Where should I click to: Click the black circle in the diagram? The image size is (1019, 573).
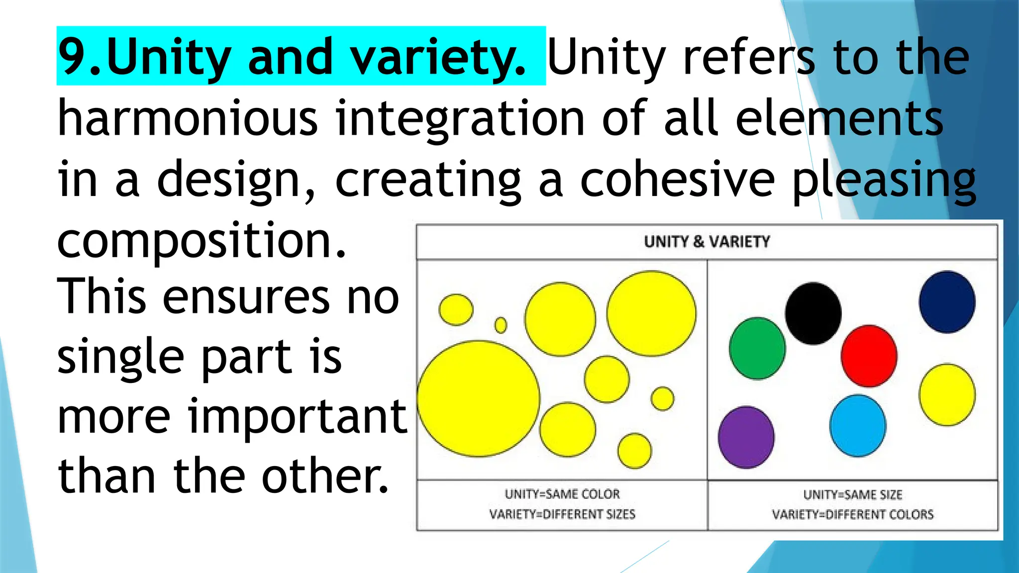pos(813,313)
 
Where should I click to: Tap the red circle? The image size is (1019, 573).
pos(869,356)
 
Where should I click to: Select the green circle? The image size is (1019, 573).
pos(757,348)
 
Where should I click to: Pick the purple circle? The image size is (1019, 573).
pos(746,437)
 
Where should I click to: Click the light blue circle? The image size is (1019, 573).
pos(857,426)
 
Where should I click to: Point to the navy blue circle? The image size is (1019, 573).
pos(947,302)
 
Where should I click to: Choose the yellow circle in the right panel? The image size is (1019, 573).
pos(947,395)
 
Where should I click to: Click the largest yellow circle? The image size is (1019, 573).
pos(478,398)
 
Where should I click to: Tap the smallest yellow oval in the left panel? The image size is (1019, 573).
pos(501,325)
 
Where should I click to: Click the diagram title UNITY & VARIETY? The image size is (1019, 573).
pos(707,242)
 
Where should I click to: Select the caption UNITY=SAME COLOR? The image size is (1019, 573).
pos(562,494)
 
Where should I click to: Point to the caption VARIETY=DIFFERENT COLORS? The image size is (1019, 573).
pos(852,514)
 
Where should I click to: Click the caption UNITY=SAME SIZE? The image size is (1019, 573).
pos(852,495)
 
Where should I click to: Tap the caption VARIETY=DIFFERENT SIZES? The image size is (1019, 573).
pos(562,514)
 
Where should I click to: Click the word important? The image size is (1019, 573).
pos(297,416)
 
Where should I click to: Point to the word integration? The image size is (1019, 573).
pos(460,119)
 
